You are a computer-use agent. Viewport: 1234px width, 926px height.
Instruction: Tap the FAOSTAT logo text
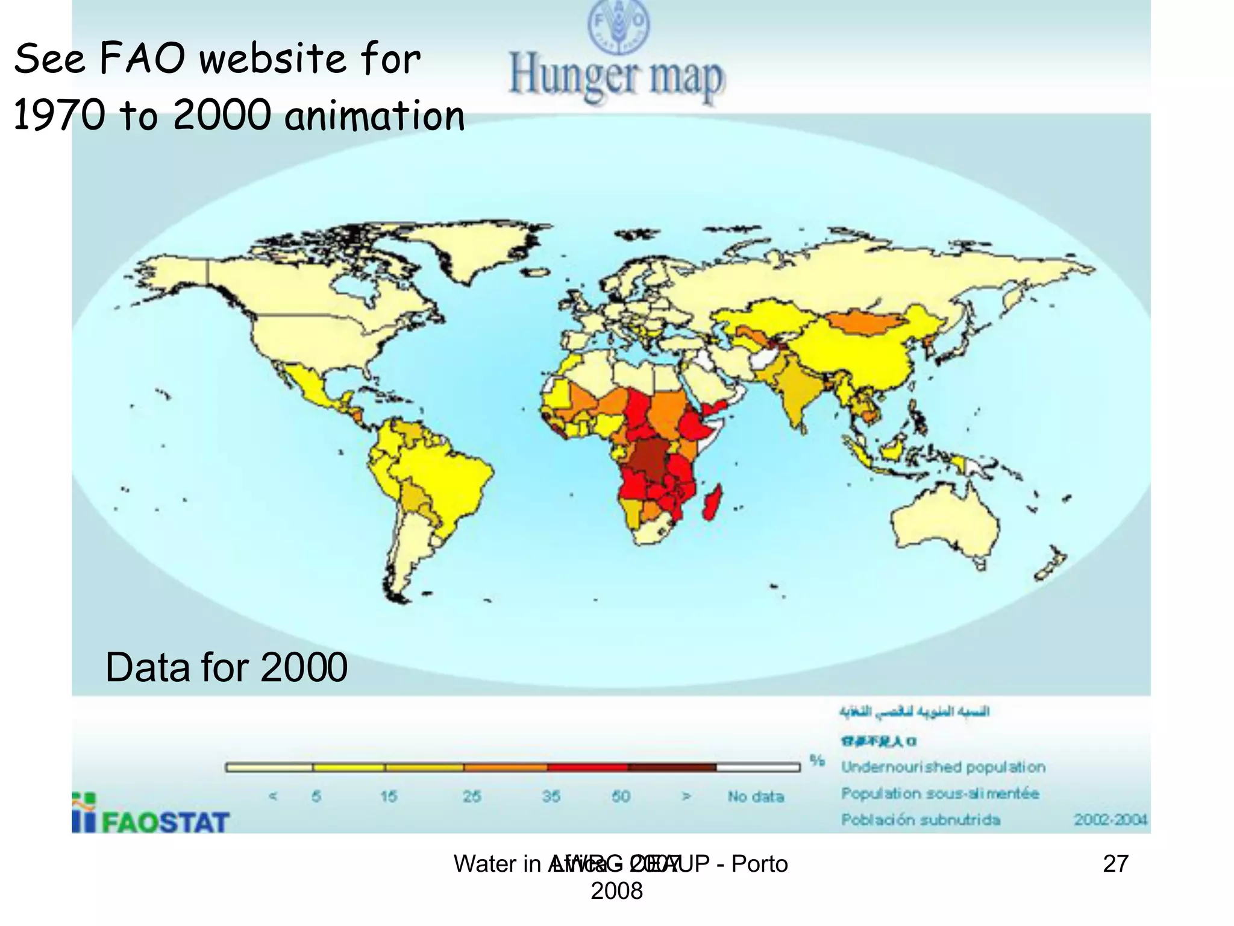pyautogui.click(x=165, y=822)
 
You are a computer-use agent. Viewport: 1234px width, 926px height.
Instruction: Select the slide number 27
pyautogui.click(x=1115, y=864)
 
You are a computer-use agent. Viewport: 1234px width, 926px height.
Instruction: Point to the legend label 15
pyautogui.click(x=389, y=796)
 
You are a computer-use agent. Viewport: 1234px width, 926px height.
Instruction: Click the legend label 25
pyautogui.click(x=472, y=796)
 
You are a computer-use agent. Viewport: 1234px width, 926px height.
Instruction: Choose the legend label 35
pyautogui.click(x=551, y=796)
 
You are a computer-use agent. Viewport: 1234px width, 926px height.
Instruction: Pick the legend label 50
pyautogui.click(x=621, y=796)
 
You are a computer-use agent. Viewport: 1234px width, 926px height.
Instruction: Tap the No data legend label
pyautogui.click(x=756, y=796)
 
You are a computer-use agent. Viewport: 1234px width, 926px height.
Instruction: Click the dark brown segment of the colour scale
pyautogui.click(x=672, y=767)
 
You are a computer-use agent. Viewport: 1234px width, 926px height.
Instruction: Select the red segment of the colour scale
pyautogui.click(x=587, y=767)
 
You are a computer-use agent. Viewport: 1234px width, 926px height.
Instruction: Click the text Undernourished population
pyautogui.click(x=943, y=767)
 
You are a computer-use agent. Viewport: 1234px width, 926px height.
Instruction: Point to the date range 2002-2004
pyautogui.click(x=1110, y=819)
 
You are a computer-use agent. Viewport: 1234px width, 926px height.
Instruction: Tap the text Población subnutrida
pyautogui.click(x=921, y=819)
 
